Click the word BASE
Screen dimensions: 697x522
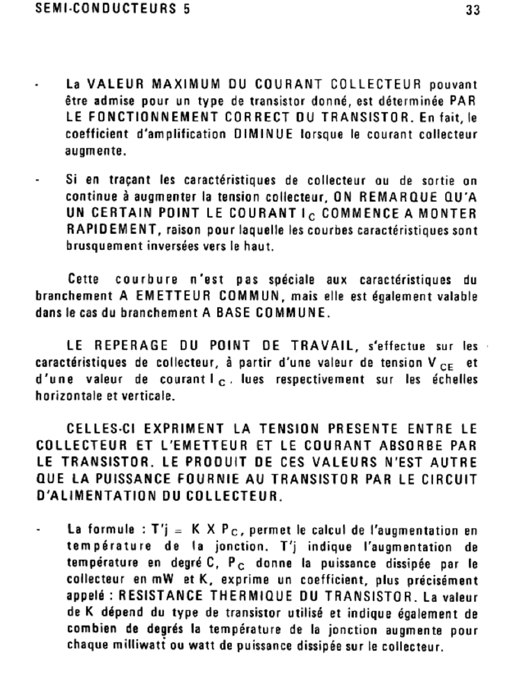click(234, 313)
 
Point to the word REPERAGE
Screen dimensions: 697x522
click(131, 346)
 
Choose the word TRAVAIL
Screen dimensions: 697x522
click(322, 346)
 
